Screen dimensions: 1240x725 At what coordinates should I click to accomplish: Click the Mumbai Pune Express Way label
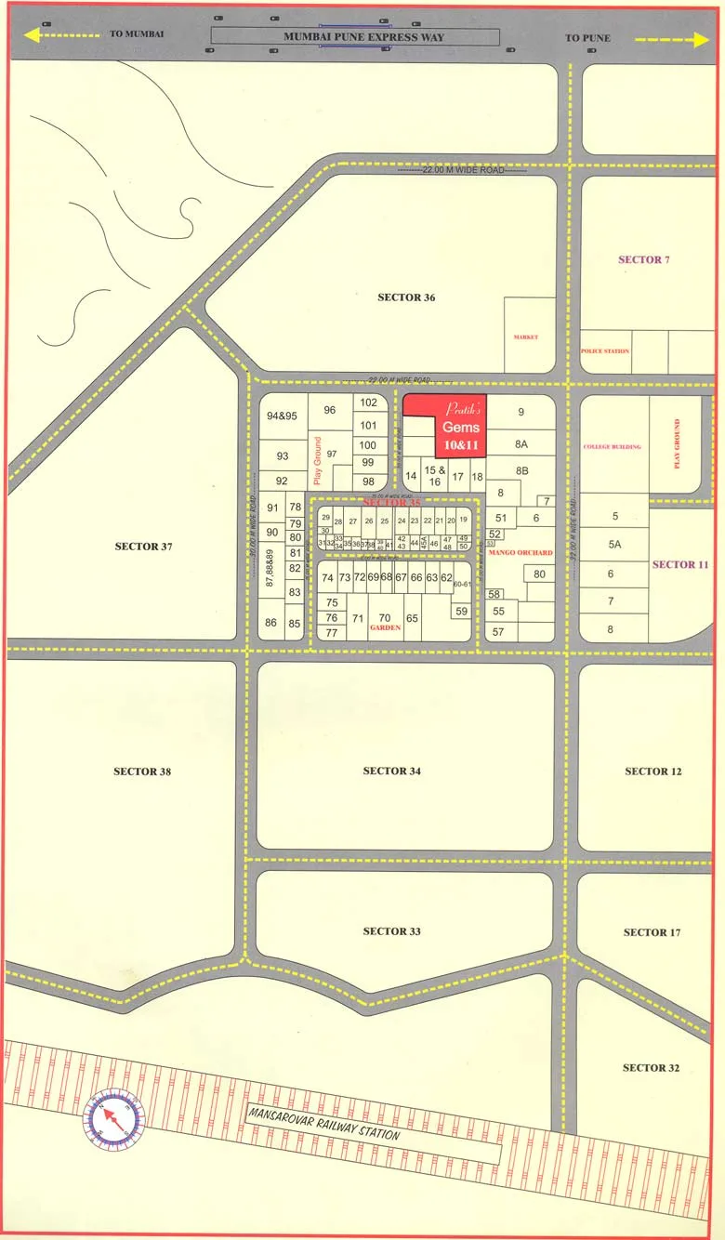[363, 38]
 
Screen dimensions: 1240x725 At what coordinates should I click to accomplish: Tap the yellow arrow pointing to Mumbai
[61, 34]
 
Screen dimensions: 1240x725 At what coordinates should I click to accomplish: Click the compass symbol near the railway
[115, 1118]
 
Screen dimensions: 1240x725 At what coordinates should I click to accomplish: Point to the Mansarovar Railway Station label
[323, 1123]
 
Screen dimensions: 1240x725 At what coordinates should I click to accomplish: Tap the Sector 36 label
[406, 297]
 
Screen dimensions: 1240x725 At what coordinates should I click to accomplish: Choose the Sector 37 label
[144, 547]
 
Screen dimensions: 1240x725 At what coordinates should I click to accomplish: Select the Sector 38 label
[142, 772]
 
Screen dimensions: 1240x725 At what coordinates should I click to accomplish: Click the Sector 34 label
[391, 772]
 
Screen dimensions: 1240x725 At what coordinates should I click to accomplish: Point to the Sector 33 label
[391, 931]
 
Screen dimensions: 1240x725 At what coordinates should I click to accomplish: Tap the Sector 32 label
[652, 1068]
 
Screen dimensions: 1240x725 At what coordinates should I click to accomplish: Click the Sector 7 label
[644, 259]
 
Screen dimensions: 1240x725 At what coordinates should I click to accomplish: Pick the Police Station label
[605, 351]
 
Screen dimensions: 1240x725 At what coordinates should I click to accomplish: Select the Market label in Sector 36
[525, 337]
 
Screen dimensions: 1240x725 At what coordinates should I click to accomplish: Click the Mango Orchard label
[521, 553]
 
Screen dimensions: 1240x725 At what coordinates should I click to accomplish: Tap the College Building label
[612, 447]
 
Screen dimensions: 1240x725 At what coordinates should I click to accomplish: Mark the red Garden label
[385, 628]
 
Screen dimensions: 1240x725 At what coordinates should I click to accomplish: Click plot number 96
[329, 410]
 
